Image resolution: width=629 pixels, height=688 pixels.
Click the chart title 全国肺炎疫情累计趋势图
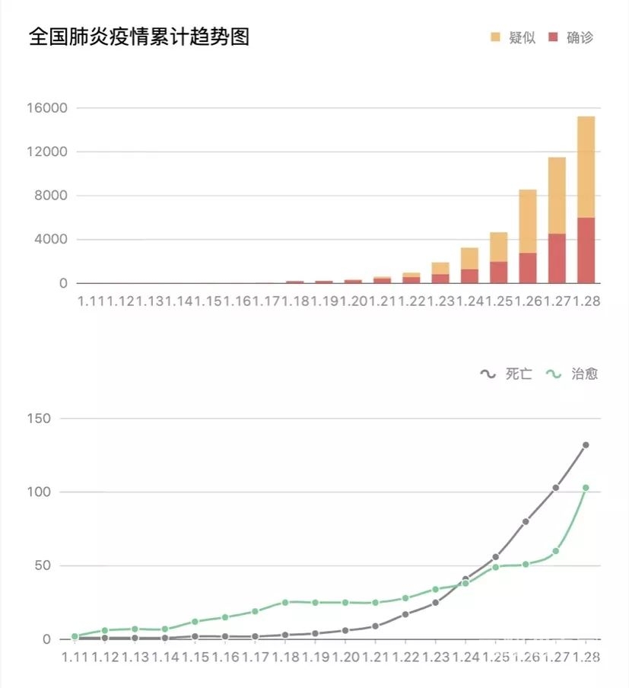139,37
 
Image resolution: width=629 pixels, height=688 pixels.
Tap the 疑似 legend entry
513,37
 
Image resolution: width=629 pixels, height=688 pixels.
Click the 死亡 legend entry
508,374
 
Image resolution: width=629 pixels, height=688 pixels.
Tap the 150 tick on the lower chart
40,419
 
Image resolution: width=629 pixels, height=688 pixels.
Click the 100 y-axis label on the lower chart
40,492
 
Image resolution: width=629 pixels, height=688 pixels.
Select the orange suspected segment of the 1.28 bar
586,167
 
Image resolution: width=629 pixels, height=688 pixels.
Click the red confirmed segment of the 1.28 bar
586,250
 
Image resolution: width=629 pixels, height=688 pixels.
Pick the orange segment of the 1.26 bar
528,221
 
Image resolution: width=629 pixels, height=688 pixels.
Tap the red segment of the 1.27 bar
557,258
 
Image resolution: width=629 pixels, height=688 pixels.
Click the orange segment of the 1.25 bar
498,247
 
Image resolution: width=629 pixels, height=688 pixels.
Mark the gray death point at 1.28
586,445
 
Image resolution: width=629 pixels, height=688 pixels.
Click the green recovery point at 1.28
586,488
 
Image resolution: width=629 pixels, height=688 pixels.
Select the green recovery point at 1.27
556,551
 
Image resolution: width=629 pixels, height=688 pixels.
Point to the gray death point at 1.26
526,522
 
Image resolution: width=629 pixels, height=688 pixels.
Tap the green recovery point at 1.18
285,602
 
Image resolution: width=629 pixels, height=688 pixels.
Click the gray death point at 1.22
405,614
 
